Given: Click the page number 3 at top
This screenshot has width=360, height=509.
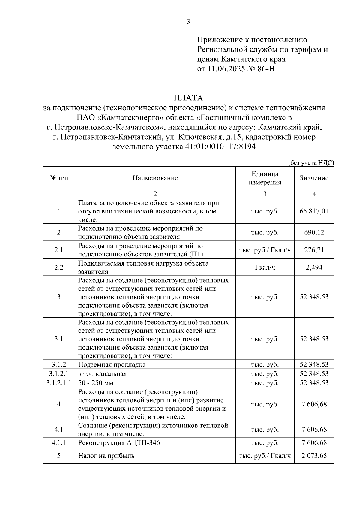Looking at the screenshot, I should pos(188,22).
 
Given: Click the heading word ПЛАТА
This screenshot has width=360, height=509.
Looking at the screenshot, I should pos(188,98).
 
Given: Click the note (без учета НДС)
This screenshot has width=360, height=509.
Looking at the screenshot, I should pos(311,163).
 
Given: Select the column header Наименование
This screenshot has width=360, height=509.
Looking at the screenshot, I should pos(155,178).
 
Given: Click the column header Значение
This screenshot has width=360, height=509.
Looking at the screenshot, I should pos(314,178).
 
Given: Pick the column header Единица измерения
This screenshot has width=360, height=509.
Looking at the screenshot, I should pos(265,178).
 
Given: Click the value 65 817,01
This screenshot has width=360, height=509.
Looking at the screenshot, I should pos(314,211).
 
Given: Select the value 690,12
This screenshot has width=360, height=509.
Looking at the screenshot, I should pos(314,232).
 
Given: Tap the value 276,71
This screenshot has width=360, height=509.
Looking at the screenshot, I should pos(314,250).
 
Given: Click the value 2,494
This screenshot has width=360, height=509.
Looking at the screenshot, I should pos(314,267).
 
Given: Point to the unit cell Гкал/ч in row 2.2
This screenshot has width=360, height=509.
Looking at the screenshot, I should pos(265,267).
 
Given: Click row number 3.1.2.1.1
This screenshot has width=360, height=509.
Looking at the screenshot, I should pos(59,383).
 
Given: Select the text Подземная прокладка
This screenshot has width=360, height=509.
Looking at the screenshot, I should pos(112,365).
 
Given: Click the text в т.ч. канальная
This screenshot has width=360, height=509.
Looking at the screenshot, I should pos(103,374).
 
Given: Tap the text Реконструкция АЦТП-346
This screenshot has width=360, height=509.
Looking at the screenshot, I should pos(119,442).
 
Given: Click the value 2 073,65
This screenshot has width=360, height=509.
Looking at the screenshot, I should pos(314,456).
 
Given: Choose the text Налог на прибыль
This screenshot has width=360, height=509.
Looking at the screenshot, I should pos(106,456).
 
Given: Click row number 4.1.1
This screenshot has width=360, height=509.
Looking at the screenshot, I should pos(59,442).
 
